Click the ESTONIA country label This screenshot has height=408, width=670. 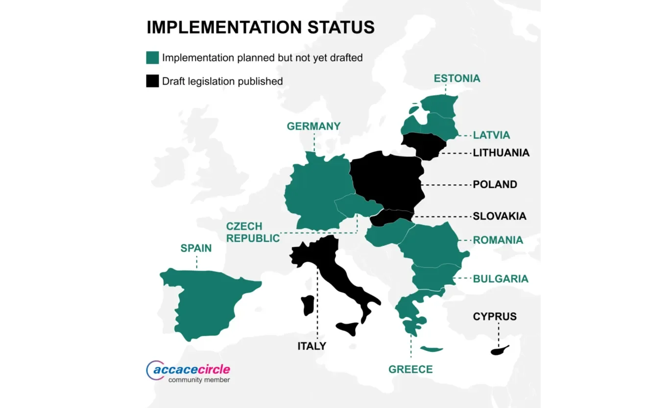457,78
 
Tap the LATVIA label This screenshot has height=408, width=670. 491,135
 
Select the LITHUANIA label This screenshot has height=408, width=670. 501,153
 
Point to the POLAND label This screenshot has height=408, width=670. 495,184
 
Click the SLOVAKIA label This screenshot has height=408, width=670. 499,216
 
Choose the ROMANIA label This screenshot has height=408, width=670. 498,240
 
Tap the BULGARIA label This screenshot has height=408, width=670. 501,279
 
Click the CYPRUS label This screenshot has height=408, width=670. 495,316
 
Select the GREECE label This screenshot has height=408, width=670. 410,369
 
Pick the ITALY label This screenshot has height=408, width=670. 311,346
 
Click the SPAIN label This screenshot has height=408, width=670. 196,248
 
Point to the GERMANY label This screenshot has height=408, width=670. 313,126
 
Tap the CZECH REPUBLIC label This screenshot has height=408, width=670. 253,232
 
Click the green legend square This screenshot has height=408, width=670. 152,58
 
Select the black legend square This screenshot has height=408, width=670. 152,81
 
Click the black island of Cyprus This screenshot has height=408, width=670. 499,350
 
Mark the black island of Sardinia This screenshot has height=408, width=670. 308,305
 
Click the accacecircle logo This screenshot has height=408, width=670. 188,372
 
